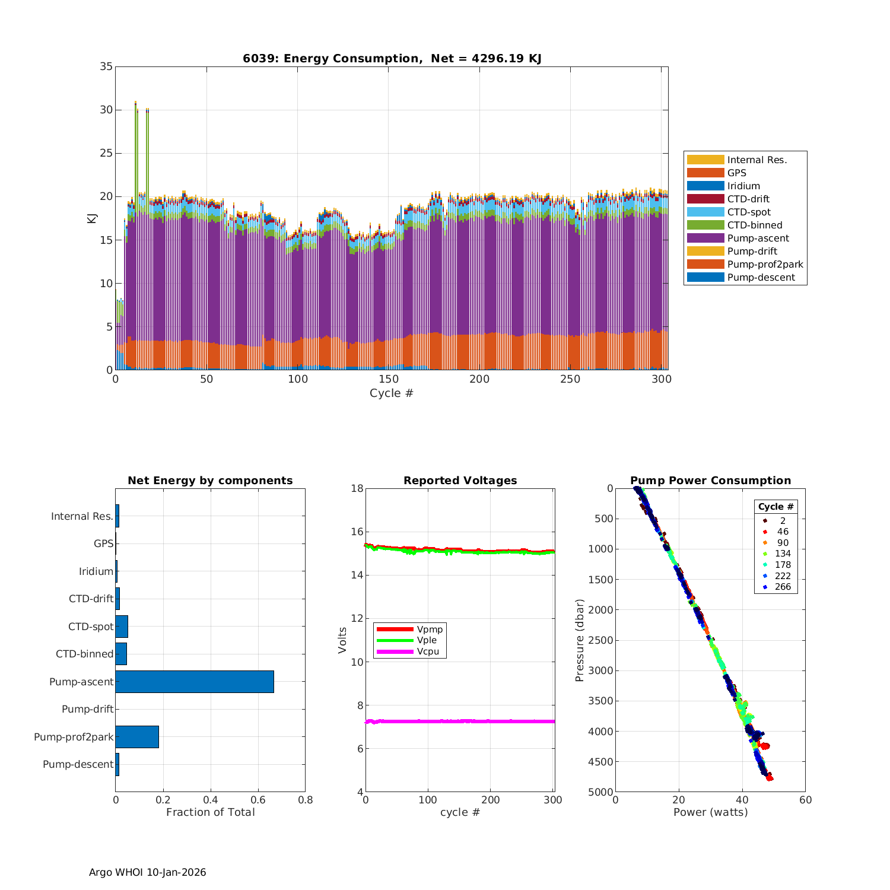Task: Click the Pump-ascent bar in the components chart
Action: [195, 682]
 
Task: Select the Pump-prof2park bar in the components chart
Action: [137, 737]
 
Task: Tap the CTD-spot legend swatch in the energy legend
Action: [705, 212]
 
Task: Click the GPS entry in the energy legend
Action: [736, 173]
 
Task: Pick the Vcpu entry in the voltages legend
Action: [427, 651]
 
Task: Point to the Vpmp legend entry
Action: [430, 629]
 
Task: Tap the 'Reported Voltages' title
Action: [460, 481]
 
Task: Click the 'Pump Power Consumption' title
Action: [710, 481]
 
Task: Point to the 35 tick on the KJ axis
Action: [106, 66]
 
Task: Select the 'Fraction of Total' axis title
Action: [210, 812]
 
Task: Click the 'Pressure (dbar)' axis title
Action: [580, 640]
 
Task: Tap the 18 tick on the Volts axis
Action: [357, 488]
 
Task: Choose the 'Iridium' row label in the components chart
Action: [96, 571]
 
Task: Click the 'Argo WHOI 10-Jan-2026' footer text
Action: [147, 872]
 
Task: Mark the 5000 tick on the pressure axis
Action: [601, 792]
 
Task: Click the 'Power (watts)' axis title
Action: [710, 812]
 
